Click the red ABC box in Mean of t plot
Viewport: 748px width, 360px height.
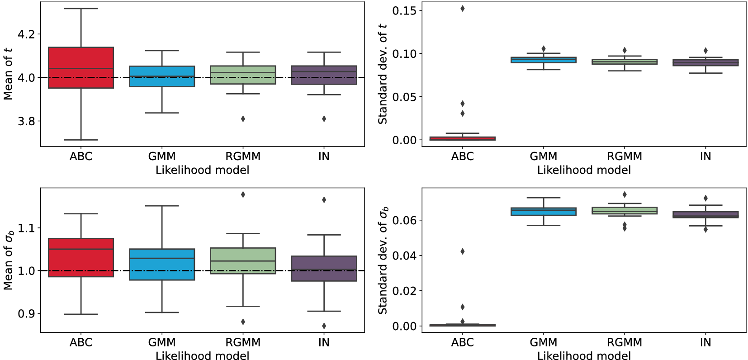pyautogui.click(x=81, y=67)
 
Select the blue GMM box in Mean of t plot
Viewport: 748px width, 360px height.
pyautogui.click(x=162, y=76)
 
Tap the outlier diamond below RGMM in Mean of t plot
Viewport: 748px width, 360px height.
pyautogui.click(x=243, y=119)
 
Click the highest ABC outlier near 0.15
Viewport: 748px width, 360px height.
pyautogui.click(x=462, y=9)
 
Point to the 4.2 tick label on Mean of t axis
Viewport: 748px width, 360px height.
pyautogui.click(x=26, y=34)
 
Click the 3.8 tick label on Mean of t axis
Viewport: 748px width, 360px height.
pyautogui.click(x=26, y=121)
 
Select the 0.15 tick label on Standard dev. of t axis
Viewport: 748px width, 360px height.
pyautogui.click(x=404, y=10)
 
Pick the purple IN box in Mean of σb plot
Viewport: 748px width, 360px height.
pyautogui.click(x=324, y=269)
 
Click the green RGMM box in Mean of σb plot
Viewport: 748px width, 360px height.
pyautogui.click(x=243, y=261)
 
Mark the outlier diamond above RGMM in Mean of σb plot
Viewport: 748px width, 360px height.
pyautogui.click(x=243, y=194)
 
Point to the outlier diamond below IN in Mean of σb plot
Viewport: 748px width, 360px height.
pyautogui.click(x=324, y=326)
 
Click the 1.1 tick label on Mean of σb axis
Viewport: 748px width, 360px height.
pyautogui.click(x=26, y=228)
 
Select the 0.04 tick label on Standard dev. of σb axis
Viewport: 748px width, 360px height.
pyautogui.click(x=404, y=256)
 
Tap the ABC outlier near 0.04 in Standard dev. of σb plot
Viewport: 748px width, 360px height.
pyautogui.click(x=462, y=251)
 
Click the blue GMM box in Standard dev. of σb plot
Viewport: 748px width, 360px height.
pyautogui.click(x=543, y=212)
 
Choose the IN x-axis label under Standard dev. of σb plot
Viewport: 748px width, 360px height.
pyautogui.click(x=705, y=342)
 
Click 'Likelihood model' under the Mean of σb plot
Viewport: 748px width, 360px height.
pyautogui.click(x=202, y=356)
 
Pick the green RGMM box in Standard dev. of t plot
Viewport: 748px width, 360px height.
pyautogui.click(x=625, y=62)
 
